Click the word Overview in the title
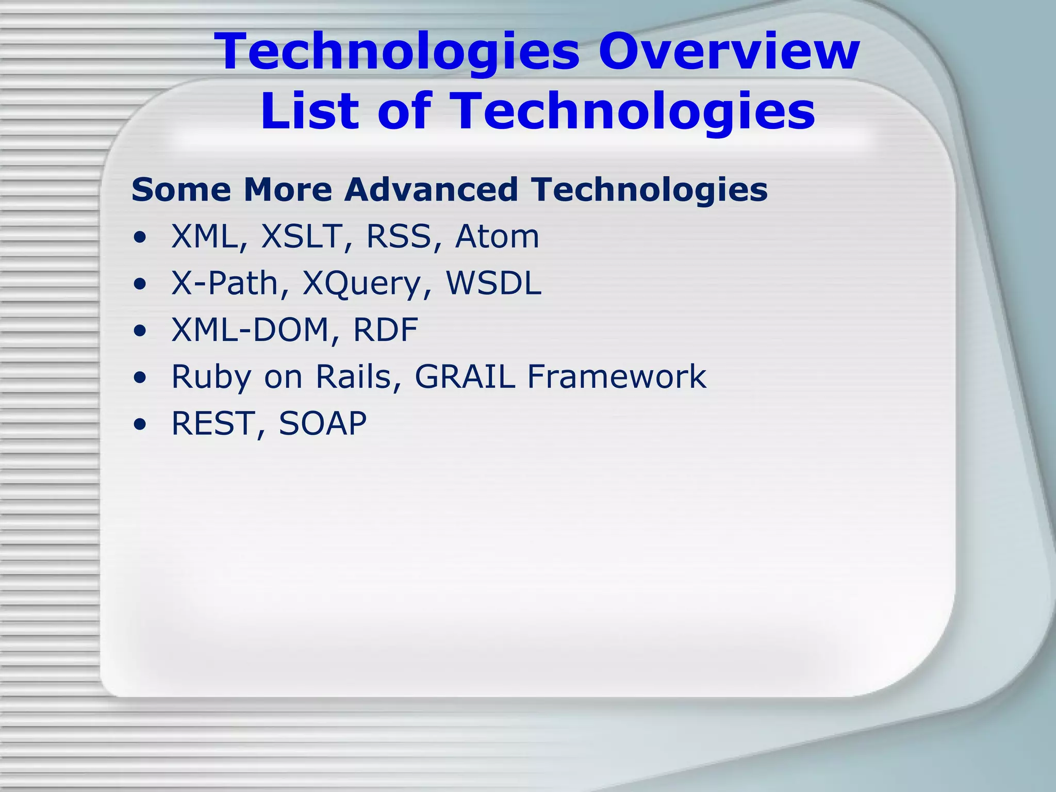click(729, 51)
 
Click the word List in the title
click(309, 111)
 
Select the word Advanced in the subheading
click(431, 189)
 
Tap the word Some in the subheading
click(181, 189)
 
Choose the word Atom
click(497, 237)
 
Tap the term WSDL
click(493, 283)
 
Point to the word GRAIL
click(465, 376)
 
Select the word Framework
click(616, 376)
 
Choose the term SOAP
click(323, 423)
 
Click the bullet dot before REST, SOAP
click(139, 424)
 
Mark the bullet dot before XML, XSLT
click(139, 238)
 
